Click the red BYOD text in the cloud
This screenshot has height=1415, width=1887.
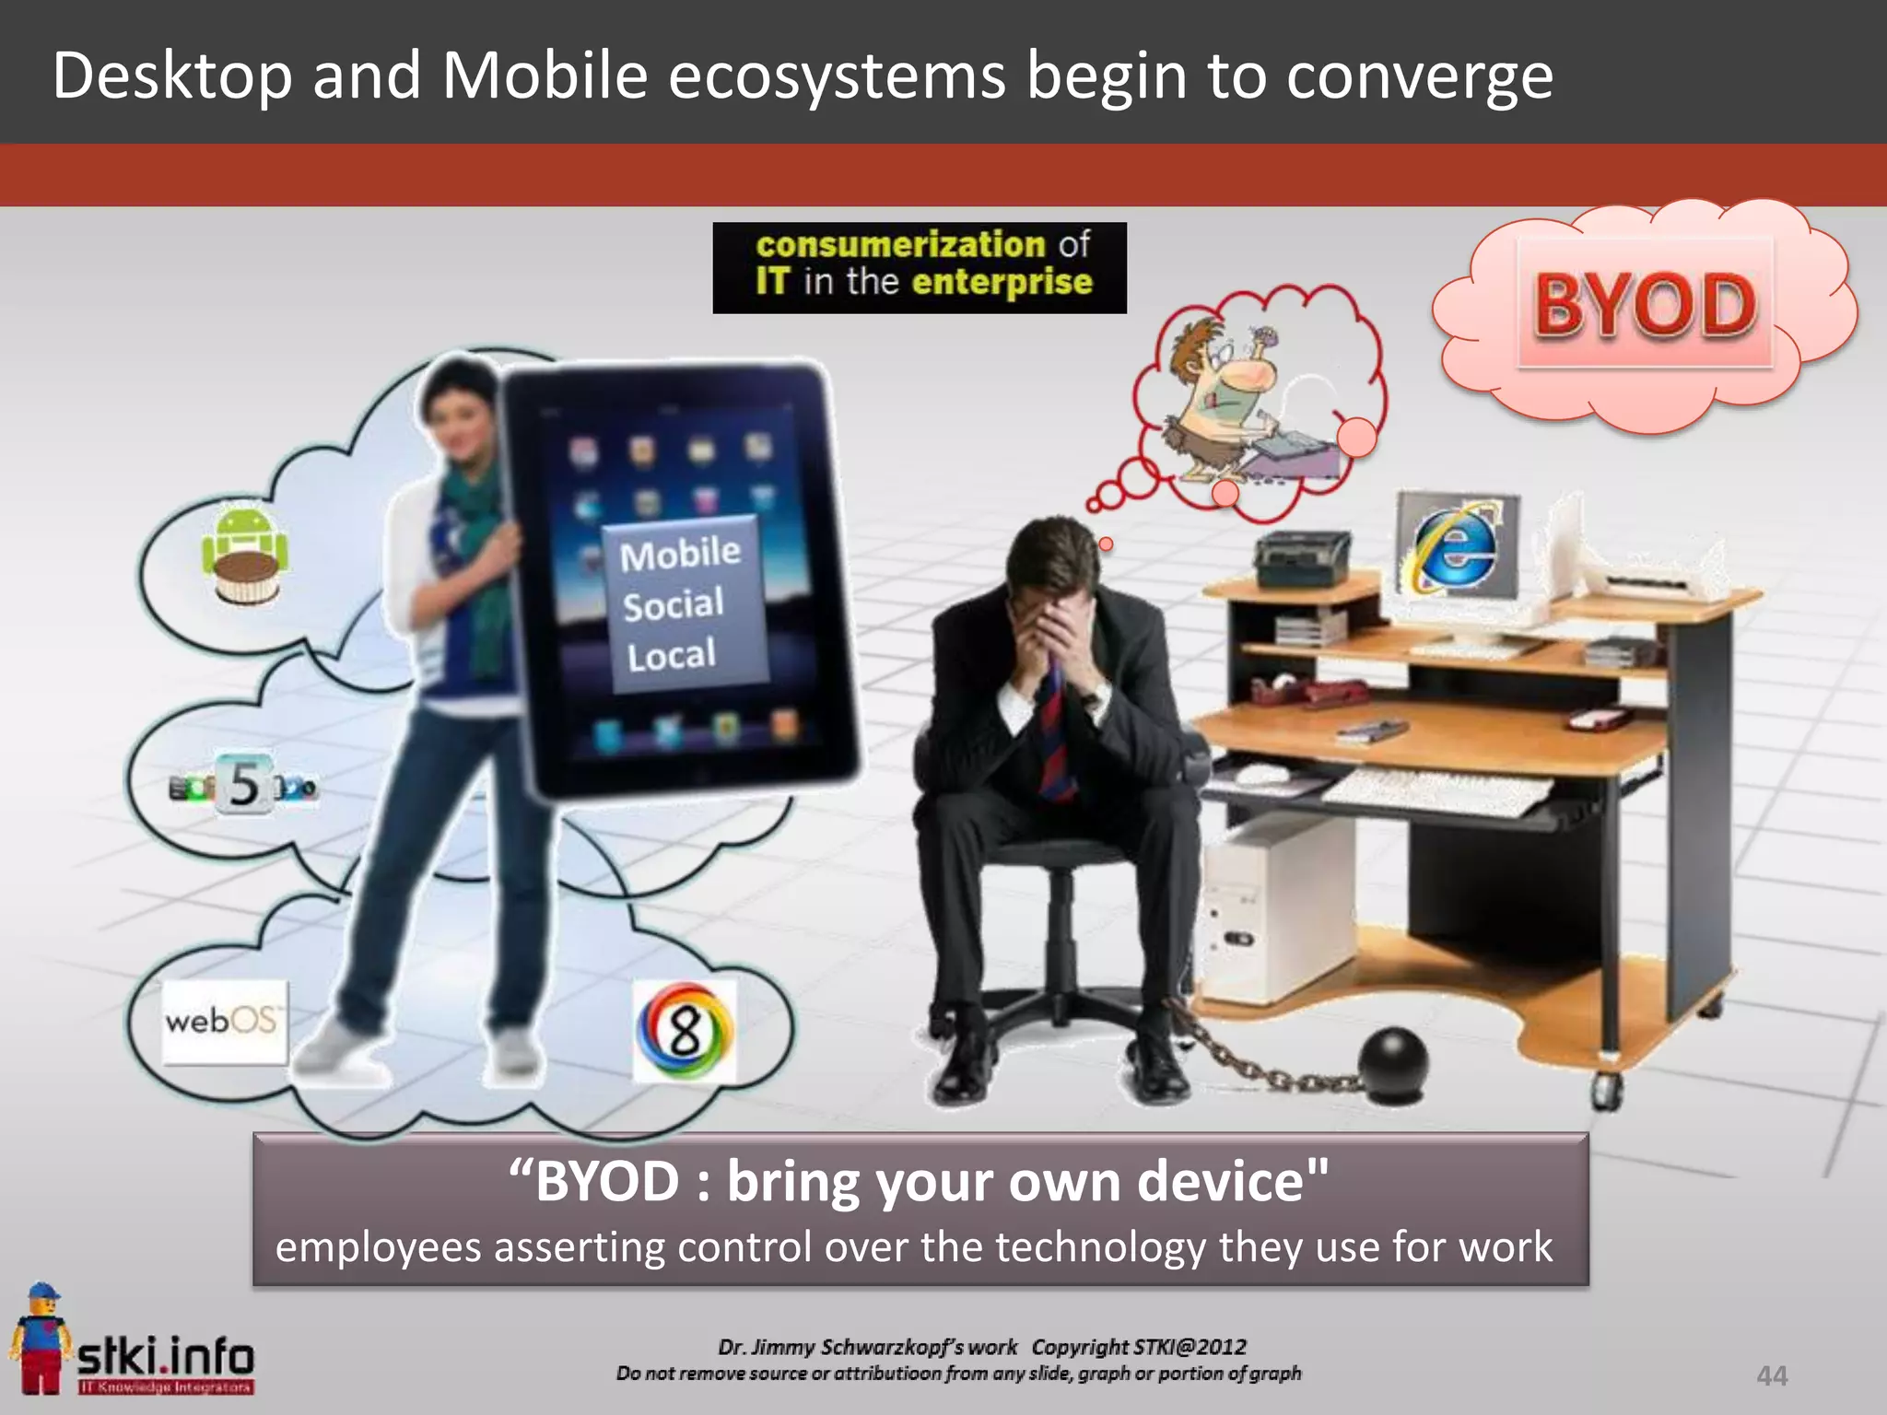click(1645, 305)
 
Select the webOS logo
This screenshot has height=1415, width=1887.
click(223, 1022)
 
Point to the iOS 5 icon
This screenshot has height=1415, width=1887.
click(244, 785)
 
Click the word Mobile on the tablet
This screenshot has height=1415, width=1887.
click(680, 555)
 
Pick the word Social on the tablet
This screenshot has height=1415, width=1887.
click(673, 605)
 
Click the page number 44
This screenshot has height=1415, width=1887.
click(1771, 1375)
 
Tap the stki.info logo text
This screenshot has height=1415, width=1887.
click(166, 1356)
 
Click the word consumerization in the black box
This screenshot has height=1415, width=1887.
click(900, 245)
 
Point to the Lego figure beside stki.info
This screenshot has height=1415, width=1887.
click(39, 1336)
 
